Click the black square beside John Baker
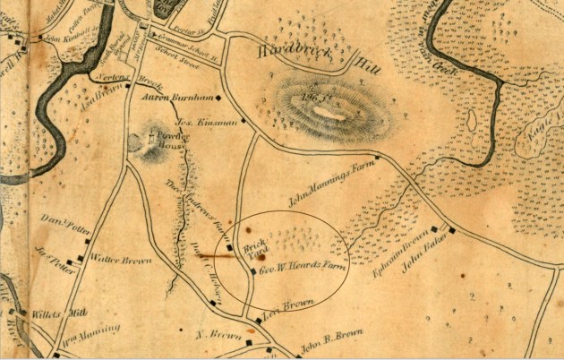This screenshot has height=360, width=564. point(451,230)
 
